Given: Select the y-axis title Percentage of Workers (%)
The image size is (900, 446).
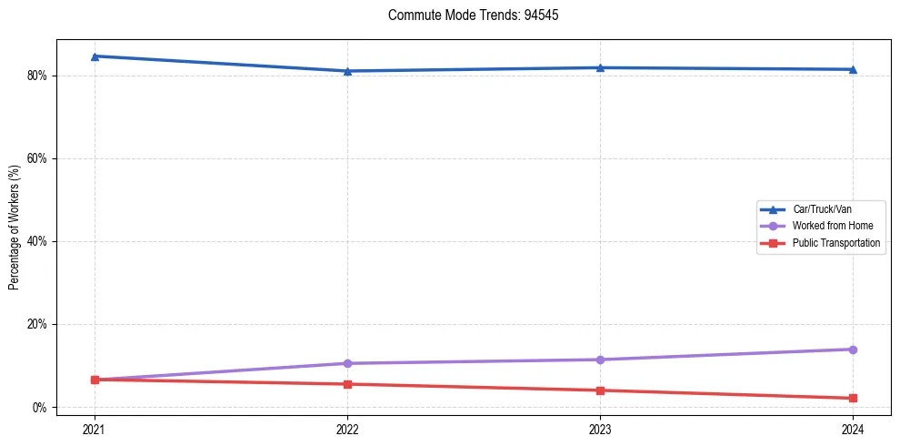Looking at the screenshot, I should coord(14,228).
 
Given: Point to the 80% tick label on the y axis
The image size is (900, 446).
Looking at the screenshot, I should coord(37,76).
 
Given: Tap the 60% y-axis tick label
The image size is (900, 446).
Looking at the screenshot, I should coord(37,158).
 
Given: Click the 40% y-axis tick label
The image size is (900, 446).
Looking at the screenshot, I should coord(37,241).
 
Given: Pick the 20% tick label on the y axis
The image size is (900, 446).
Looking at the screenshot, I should coord(37,324).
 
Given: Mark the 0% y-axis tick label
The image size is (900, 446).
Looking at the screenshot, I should coord(40,407).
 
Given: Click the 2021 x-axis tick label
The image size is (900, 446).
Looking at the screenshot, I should coord(95,429).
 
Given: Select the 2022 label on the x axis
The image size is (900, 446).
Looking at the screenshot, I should coord(347,429).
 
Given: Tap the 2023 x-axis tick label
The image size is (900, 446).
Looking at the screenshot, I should coord(600,429).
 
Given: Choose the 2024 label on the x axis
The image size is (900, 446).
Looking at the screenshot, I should coord(853,429).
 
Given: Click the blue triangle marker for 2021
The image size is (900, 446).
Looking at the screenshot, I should coord(95,56).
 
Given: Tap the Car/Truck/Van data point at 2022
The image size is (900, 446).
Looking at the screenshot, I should coord(347,71).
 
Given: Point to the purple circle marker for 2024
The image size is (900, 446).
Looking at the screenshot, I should coord(853,350).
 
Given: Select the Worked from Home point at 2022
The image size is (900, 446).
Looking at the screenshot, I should coord(347,363).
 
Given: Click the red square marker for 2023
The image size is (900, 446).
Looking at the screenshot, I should coord(600,390).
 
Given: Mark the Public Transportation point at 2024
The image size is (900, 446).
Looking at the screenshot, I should coord(853,398).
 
